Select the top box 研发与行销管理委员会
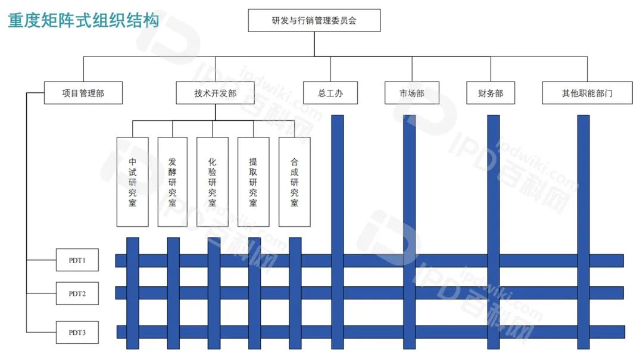click(314, 20)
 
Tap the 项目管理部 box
click(83, 93)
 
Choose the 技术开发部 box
click(215, 93)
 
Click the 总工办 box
click(330, 93)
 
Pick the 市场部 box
click(412, 93)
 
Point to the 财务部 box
click(491, 93)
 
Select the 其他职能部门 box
click(587, 93)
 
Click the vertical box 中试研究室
click(132, 181)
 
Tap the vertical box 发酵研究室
click(173, 181)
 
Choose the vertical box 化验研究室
click(213, 181)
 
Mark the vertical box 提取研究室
click(253, 181)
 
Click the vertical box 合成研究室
click(294, 181)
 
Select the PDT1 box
click(77, 260)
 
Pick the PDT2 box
click(77, 293)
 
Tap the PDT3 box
click(77, 332)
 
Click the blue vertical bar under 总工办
click(337, 179)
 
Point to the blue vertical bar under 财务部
click(493, 179)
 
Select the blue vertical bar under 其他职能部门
click(583, 179)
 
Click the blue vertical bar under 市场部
click(409, 179)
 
